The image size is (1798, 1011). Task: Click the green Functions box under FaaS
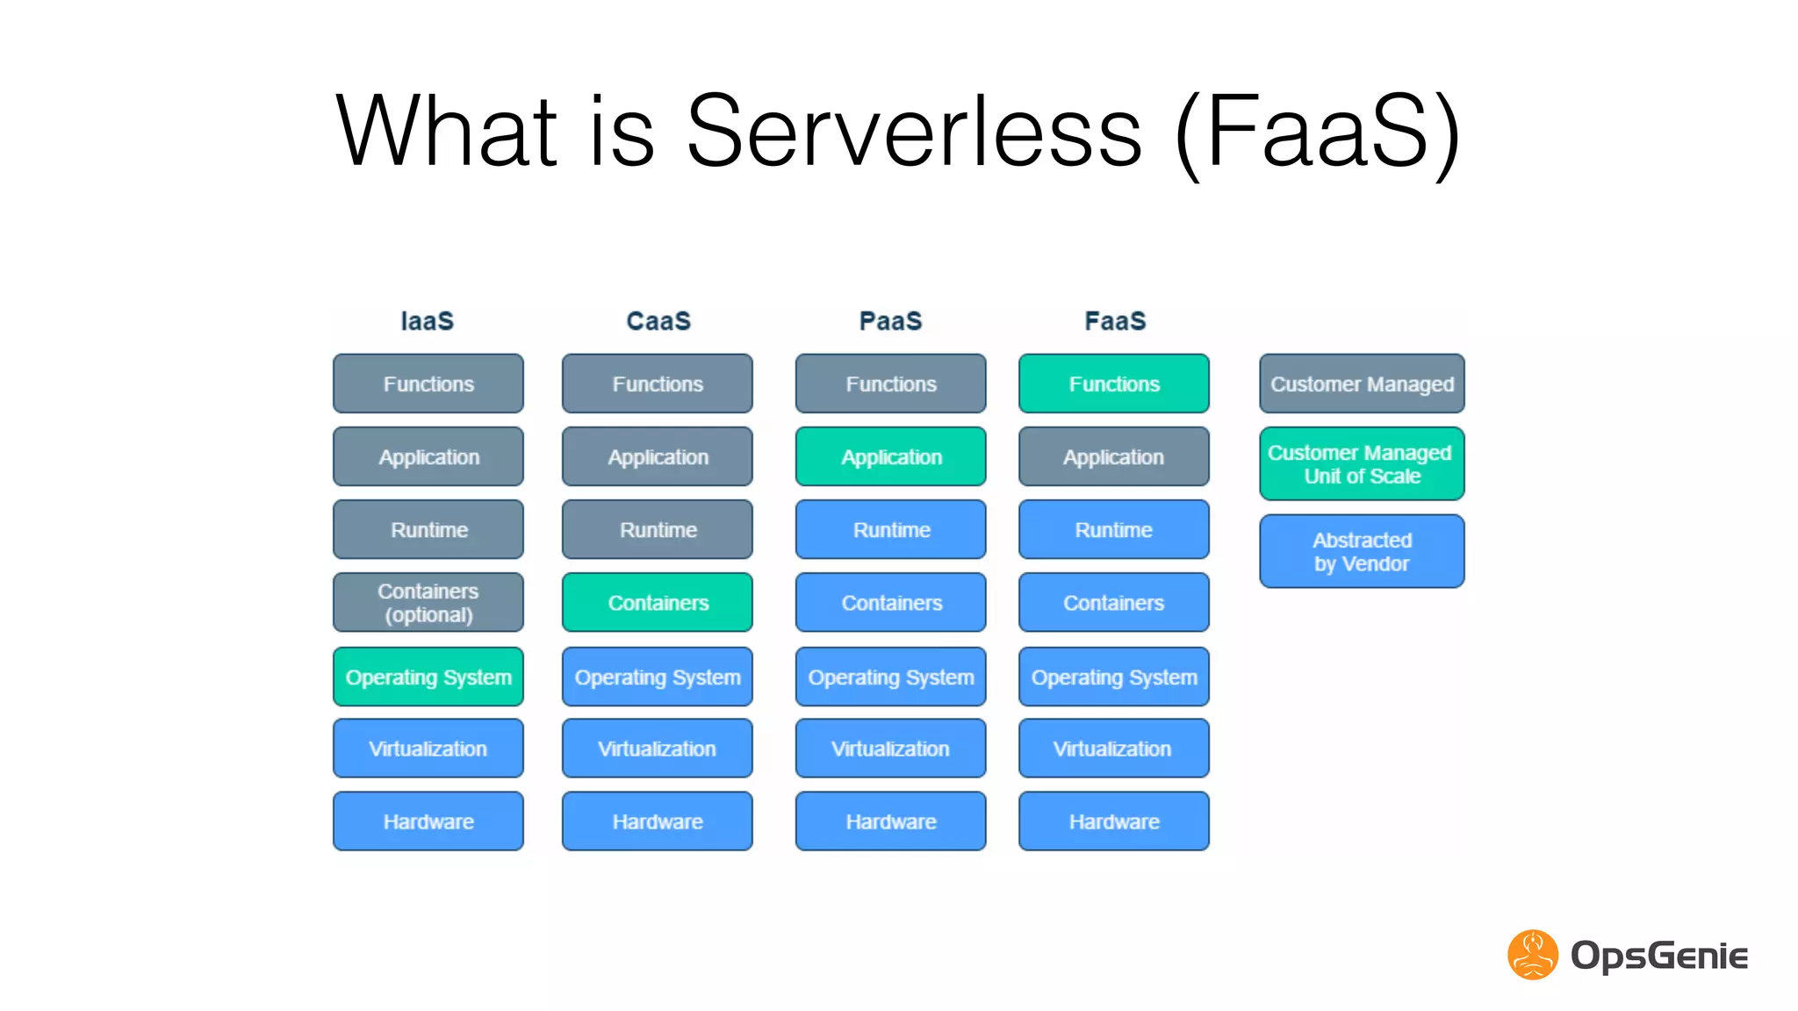coord(1113,384)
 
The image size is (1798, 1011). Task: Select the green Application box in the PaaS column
coord(890,456)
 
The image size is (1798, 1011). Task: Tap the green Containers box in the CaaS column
coord(657,602)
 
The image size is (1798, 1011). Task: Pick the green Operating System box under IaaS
coord(428,677)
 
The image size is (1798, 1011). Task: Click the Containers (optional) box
coord(428,602)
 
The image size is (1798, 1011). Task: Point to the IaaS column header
coord(428,320)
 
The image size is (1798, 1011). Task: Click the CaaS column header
coord(658,320)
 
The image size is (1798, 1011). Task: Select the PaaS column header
coord(890,320)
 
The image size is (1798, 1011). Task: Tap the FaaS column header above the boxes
coord(1115,320)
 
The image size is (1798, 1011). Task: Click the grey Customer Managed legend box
coord(1362,384)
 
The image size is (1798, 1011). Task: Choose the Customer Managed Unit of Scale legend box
coord(1362,463)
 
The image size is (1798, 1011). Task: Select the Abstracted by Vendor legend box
coord(1362,551)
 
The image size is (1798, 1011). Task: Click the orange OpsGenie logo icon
coord(1532,955)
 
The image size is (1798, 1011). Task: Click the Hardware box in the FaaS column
coord(1113,821)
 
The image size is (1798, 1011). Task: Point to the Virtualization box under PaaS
coord(890,749)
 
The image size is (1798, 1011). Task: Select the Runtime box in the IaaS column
coord(428,529)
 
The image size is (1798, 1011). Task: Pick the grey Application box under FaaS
coord(1113,456)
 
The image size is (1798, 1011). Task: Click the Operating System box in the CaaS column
coord(657,677)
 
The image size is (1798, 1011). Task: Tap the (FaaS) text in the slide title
coord(1317,132)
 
